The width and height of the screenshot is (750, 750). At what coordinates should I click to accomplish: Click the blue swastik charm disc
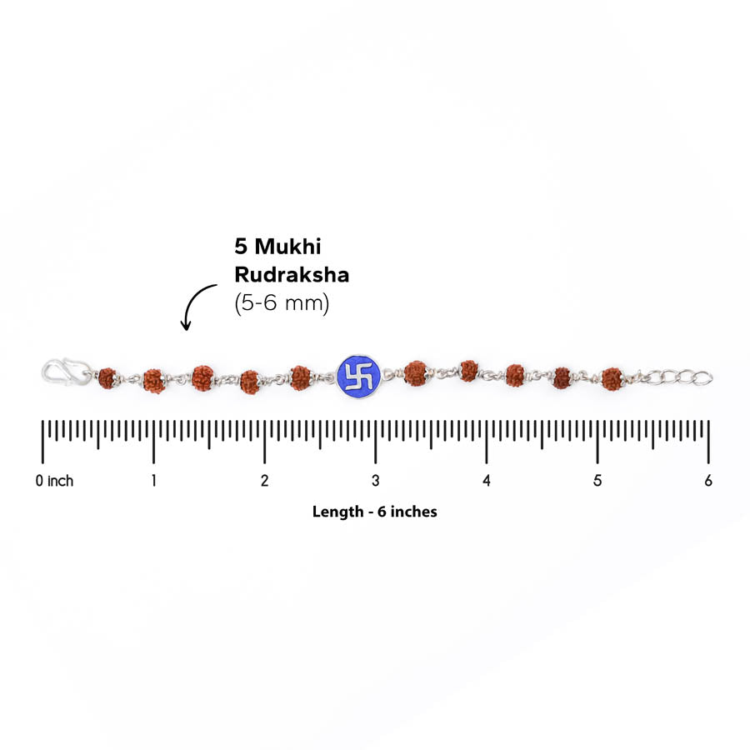(358, 376)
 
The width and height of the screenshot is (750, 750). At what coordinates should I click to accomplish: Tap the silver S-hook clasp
(67, 372)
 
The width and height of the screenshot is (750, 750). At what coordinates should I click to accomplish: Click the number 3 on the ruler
(376, 480)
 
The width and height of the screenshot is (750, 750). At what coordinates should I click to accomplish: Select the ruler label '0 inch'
(54, 480)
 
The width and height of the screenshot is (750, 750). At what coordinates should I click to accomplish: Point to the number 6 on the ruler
(708, 480)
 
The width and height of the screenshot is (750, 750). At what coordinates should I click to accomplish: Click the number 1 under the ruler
(153, 480)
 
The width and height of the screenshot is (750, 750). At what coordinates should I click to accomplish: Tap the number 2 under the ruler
(264, 480)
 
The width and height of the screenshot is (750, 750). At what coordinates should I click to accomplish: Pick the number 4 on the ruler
(487, 480)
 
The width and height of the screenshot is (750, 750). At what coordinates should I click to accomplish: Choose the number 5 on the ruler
(597, 480)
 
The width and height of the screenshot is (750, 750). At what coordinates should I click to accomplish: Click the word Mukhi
(288, 247)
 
